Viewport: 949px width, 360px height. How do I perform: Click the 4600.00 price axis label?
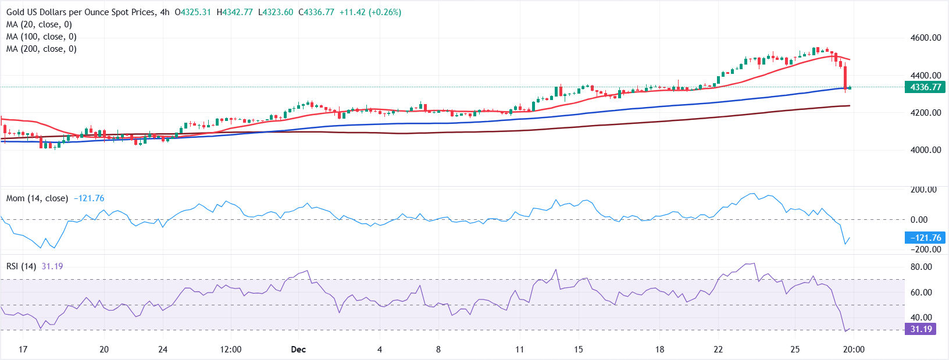tap(926, 38)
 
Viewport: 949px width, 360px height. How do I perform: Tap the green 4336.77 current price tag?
tap(925, 87)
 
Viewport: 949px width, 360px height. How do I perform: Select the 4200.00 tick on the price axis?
tap(926, 113)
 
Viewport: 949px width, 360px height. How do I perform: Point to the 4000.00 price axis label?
tap(926, 150)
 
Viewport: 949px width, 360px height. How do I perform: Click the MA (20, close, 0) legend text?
tap(39, 24)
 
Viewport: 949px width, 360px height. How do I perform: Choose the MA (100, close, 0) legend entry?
tap(41, 37)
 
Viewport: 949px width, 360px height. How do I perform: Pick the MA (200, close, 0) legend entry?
tap(41, 49)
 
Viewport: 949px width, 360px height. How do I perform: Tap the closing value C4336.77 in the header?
tap(316, 12)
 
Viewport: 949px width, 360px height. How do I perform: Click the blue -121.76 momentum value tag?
tap(925, 238)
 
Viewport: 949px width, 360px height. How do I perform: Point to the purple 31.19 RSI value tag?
tap(921, 329)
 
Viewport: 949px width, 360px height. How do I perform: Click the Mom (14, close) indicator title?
tap(37, 198)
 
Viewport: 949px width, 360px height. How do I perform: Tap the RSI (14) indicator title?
tap(22, 266)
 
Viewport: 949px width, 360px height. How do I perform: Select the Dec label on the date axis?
tap(298, 350)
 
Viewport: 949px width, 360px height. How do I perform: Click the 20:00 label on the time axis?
tap(854, 350)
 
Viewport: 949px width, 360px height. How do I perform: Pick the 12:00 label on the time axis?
tap(231, 350)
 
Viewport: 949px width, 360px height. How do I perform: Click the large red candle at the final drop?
tap(845, 77)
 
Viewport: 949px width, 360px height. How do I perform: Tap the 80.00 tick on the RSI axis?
tap(921, 267)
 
